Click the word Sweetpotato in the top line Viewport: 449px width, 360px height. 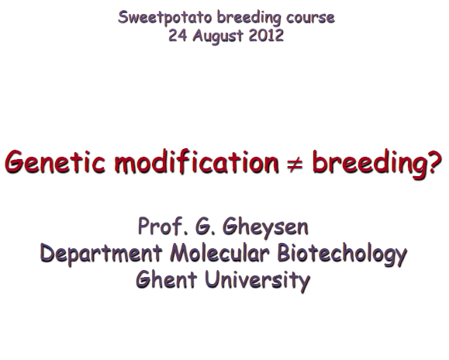165,18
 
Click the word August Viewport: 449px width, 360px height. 218,36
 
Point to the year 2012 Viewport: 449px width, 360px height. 266,36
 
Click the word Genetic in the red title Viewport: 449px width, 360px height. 55,162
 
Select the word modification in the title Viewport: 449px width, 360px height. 197,162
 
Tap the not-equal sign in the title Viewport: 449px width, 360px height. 295,164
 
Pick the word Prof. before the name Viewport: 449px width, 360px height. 163,227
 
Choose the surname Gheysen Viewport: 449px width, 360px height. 265,228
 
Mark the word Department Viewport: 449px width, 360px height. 101,254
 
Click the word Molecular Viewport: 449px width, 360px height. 220,253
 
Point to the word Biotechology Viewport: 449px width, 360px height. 342,254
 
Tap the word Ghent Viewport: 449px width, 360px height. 167,279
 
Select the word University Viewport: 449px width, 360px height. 257,281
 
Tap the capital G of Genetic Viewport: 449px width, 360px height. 13,162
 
